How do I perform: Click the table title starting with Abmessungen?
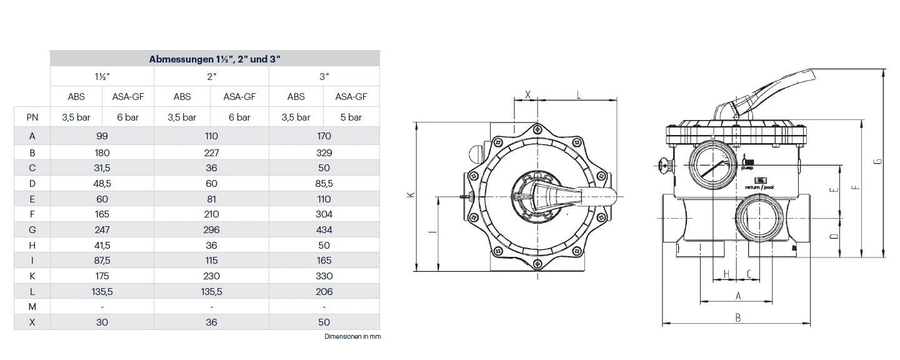click(x=214, y=59)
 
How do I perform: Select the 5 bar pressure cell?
click(x=351, y=117)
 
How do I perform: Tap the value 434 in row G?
click(x=324, y=229)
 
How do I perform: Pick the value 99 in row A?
click(x=102, y=136)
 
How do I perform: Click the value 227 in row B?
click(x=211, y=152)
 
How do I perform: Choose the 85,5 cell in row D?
click(x=324, y=183)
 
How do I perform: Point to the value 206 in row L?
click(x=324, y=291)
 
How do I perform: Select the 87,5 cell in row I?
click(x=102, y=260)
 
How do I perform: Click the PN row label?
click(x=32, y=117)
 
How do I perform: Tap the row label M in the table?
click(x=32, y=306)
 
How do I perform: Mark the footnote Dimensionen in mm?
click(x=352, y=336)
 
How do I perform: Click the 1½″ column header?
click(x=102, y=76)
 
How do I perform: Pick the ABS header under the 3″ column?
click(x=296, y=97)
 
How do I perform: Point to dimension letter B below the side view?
click(x=737, y=317)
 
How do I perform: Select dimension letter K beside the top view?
click(x=411, y=195)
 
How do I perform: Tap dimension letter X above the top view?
click(x=528, y=94)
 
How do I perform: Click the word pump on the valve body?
click(x=747, y=167)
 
